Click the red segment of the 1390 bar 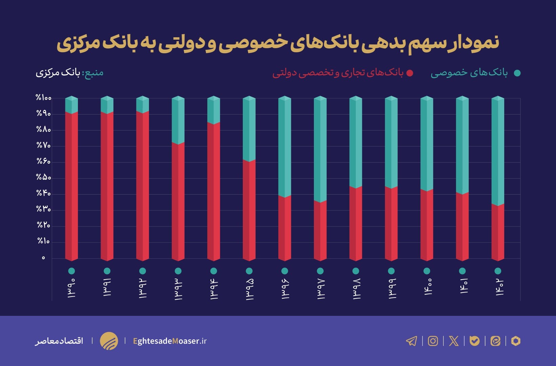[x=71, y=186]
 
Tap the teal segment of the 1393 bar [x=178, y=120]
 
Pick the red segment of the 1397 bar [x=320, y=230]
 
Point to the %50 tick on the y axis [x=44, y=178]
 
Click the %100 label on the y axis [x=44, y=98]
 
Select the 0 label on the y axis [x=43, y=258]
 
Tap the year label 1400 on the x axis [x=427, y=287]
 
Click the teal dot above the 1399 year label [x=391, y=271]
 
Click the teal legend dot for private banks [x=517, y=73]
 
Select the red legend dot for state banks [x=410, y=73]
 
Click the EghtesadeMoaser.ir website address [x=170, y=341]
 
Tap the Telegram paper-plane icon [x=411, y=341]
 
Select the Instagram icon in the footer [x=433, y=341]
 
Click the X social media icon [x=454, y=341]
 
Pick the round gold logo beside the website [x=109, y=341]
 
